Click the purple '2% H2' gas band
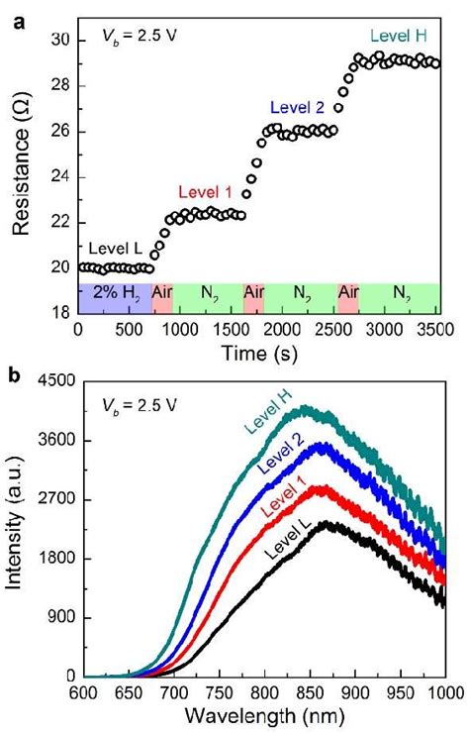[x=114, y=294]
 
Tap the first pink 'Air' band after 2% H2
[x=162, y=294]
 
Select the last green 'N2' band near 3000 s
[x=399, y=294]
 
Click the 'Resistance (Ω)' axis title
[x=21, y=168]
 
